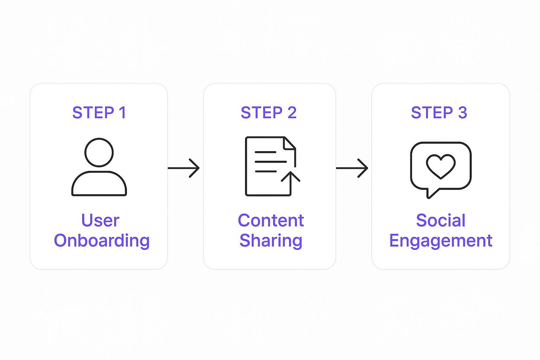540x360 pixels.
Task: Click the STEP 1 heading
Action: (99, 113)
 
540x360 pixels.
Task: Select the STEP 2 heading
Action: (269, 113)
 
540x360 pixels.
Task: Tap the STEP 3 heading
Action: (439, 113)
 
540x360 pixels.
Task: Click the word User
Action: (100, 220)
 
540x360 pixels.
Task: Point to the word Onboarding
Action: (102, 241)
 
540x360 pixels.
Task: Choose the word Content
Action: (271, 220)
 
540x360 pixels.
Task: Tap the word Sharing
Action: (271, 241)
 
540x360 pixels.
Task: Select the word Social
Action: (441, 220)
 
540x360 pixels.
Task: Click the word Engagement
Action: (441, 241)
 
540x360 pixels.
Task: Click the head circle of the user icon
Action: (99, 152)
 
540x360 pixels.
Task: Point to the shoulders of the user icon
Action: (99, 184)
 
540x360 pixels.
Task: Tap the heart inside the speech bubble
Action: (441, 166)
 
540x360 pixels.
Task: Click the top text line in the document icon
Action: (265, 152)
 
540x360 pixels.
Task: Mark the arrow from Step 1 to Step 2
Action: (184, 168)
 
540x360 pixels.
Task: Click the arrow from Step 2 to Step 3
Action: (352, 168)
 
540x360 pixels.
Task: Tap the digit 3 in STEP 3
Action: (462, 113)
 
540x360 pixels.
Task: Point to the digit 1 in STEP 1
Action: (122, 113)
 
